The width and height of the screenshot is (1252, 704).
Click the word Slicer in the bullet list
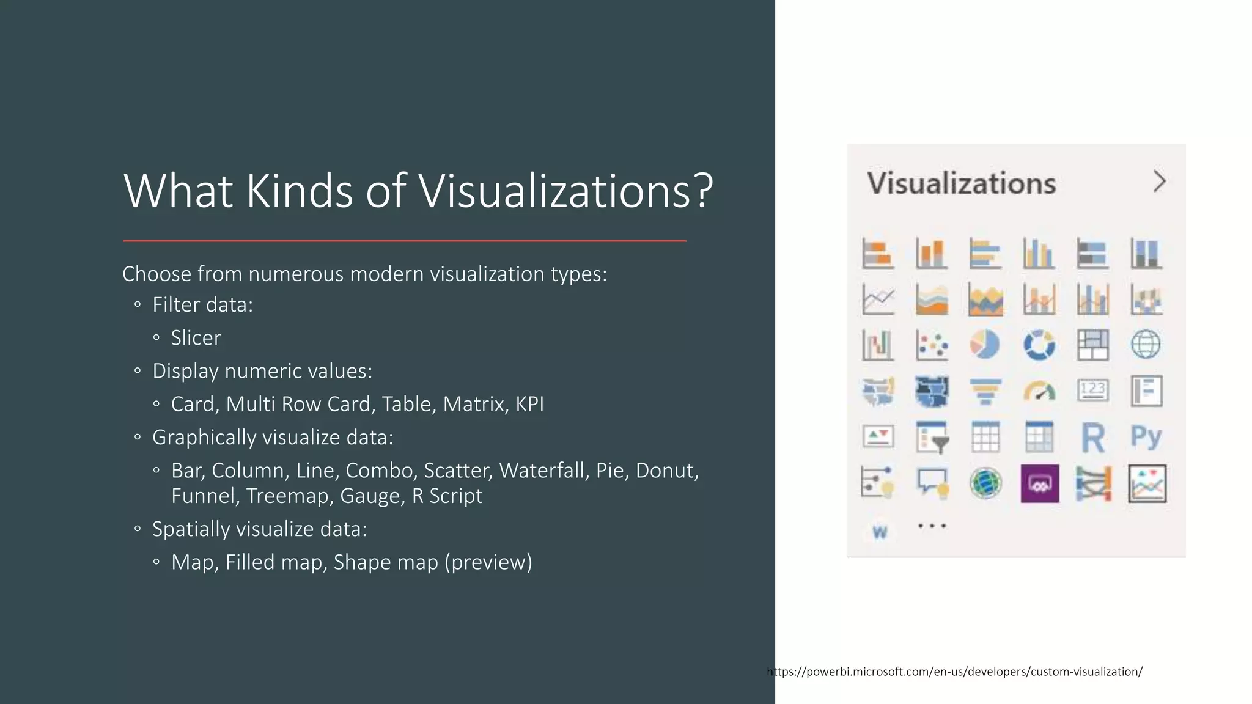(196, 338)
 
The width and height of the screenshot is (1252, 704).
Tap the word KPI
(529, 405)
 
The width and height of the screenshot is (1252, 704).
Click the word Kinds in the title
(300, 191)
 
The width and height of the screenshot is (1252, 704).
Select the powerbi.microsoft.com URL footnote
(954, 672)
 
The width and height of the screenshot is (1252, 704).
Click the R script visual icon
(1093, 438)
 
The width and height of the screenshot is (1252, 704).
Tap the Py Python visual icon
(1146, 438)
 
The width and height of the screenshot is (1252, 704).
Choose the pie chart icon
(985, 345)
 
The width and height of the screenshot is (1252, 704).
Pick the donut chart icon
(1039, 345)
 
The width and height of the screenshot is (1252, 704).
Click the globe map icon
(1146, 345)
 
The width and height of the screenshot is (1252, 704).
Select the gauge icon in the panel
(1039, 391)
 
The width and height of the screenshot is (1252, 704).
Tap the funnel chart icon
(985, 391)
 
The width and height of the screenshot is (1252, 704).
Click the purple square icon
(1039, 483)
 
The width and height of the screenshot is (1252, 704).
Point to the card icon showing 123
(1092, 390)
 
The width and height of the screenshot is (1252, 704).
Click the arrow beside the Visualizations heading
(1159, 182)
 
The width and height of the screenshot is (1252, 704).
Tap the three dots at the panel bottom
(932, 526)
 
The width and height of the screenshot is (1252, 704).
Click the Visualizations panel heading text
(962, 183)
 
